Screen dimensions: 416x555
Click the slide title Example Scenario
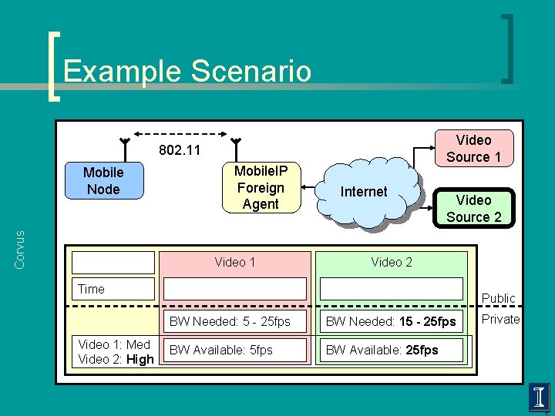pos(187,71)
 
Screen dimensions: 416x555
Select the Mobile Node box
pos(103,181)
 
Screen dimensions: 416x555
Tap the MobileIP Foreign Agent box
pos(260,187)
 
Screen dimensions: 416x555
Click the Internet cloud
pos(364,193)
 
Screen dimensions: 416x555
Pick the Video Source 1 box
pos(473,149)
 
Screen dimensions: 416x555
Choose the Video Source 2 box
pos(473,208)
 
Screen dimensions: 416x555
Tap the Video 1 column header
pos(235,262)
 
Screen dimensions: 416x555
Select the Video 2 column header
pos(392,262)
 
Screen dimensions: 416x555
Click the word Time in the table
pos(91,289)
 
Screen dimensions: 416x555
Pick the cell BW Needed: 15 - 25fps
pos(392,321)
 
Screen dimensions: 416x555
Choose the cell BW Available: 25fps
pos(392,350)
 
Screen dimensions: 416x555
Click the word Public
pos(498,298)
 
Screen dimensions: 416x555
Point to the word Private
pos(500,319)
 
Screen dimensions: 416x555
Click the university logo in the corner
pos(540,397)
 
